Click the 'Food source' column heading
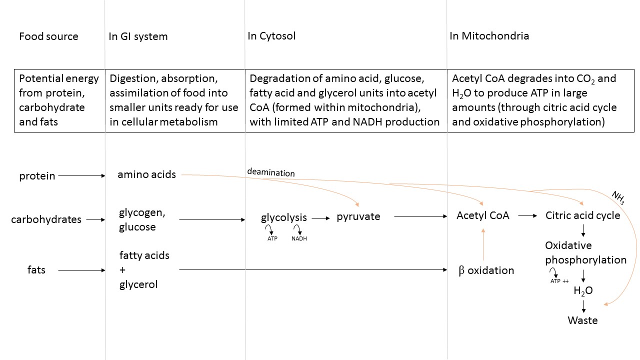[x=48, y=36]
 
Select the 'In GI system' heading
[x=138, y=36]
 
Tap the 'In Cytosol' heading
[x=271, y=36]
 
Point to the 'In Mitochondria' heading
[x=489, y=36]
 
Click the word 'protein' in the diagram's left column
[x=37, y=176]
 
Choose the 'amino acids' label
[x=146, y=174]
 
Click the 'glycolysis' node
[x=284, y=217]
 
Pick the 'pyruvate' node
[x=358, y=216]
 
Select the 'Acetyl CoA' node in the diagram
[x=482, y=215]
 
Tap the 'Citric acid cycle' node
[x=582, y=215]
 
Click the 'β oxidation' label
[x=486, y=270]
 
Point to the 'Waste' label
[x=582, y=320]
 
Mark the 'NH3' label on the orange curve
[x=618, y=198]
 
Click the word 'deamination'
[x=270, y=172]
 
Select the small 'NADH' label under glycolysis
[x=299, y=239]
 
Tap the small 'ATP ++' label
[x=559, y=281]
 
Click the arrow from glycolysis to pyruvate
[x=321, y=218]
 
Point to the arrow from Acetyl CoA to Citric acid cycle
[x=527, y=216]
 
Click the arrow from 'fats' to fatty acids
[x=82, y=270]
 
